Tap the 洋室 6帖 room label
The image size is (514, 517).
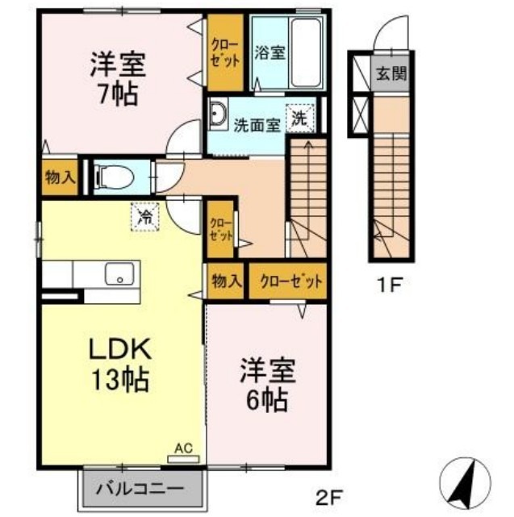pos(267,385)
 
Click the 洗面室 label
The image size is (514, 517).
pos(257,125)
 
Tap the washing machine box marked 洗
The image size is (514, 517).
pos(299,118)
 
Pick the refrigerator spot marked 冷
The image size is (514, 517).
pos(146,215)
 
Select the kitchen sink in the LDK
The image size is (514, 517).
pos(119,275)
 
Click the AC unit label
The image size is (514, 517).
pos(182,448)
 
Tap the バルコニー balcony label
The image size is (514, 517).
pos(141,488)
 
